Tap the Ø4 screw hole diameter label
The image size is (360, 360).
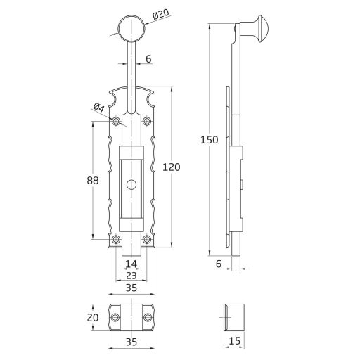pos(98,107)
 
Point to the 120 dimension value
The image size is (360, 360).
pos(171,167)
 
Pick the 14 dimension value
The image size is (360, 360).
pos(131,264)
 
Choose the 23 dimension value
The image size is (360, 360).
pos(131,276)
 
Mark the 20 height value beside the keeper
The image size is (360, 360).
pos(93,316)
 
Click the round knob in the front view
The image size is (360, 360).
pos(131,29)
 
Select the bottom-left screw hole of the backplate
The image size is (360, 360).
pos(116,241)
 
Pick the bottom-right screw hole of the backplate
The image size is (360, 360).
pos(147,241)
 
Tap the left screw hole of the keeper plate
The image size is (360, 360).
pos(115,317)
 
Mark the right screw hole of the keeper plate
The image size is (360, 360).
pos(147,317)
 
